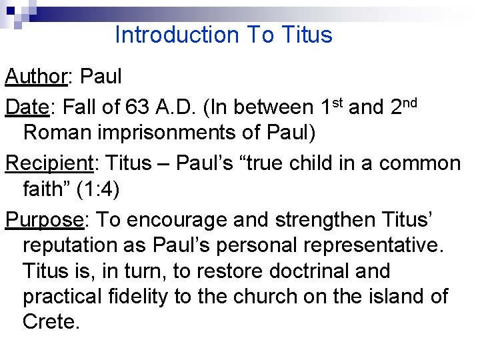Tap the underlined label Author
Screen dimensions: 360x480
point(35,77)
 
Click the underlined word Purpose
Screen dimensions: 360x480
point(43,219)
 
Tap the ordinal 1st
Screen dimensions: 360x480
point(332,106)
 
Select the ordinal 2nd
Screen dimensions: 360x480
point(403,106)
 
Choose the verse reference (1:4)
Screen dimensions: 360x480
point(97,190)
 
